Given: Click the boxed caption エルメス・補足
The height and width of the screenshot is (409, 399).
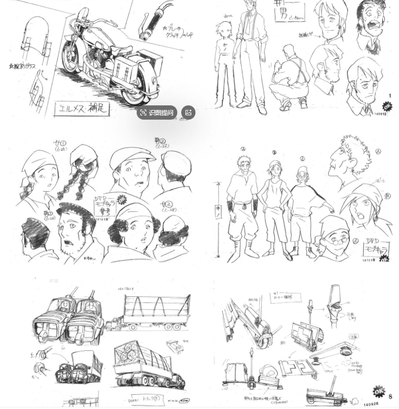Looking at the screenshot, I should point(83,108).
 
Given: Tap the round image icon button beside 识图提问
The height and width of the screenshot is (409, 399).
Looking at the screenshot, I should point(188,113).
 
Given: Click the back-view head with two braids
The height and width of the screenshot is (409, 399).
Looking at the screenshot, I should point(79,170).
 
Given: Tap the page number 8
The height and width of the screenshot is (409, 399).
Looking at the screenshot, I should point(390,396).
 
